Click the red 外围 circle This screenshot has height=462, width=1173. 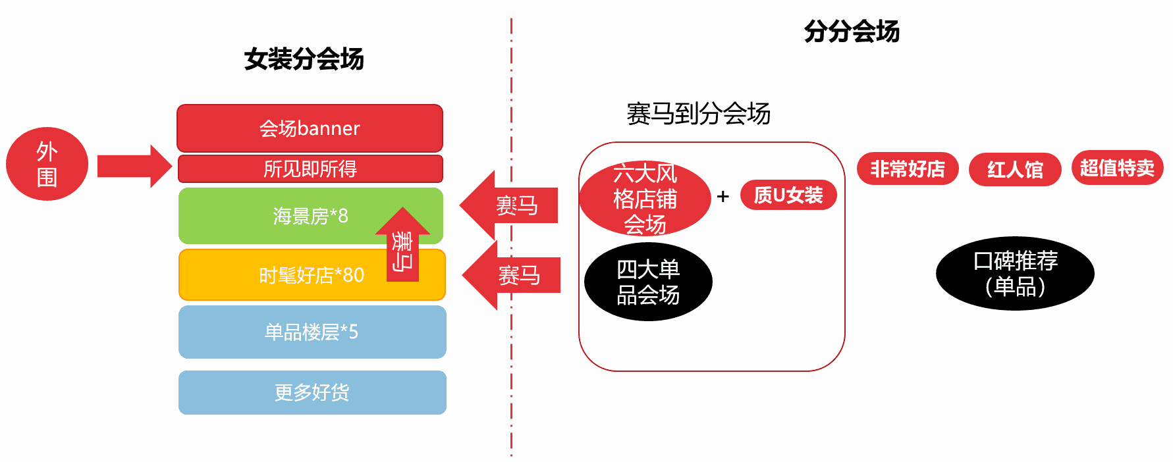(x=47, y=164)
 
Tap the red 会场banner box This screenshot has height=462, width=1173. (x=310, y=128)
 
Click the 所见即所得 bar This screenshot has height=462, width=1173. (x=310, y=169)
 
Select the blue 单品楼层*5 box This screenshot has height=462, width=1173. (x=312, y=332)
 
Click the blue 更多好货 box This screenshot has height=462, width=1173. (x=312, y=392)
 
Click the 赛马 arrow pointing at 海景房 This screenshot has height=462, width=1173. (x=511, y=205)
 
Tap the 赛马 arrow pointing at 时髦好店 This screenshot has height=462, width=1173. (x=514, y=275)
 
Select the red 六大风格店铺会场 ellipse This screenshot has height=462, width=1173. (x=645, y=198)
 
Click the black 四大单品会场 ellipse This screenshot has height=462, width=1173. (x=648, y=282)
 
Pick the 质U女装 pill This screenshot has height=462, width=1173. (x=788, y=195)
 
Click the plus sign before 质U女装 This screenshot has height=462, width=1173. (x=723, y=196)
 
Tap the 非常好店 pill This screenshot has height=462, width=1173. (x=908, y=169)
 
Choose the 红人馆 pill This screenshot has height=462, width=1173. (x=1015, y=170)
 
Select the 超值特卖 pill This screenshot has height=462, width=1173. (x=1117, y=168)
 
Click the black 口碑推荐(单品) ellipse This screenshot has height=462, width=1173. (x=1015, y=273)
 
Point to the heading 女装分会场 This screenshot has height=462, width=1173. (x=304, y=59)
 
